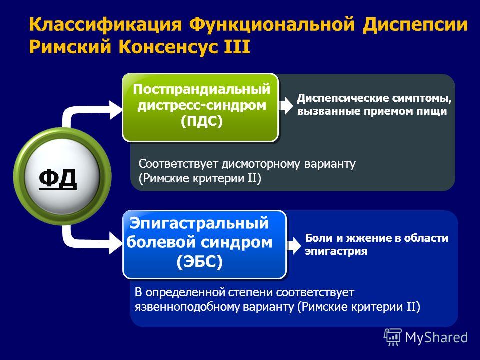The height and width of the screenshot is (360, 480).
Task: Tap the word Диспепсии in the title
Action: click(x=415, y=24)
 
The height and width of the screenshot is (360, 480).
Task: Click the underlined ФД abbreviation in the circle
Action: click(x=58, y=179)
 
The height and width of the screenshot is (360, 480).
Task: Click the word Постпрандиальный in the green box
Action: click(x=201, y=89)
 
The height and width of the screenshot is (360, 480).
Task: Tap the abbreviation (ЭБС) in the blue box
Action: click(x=199, y=262)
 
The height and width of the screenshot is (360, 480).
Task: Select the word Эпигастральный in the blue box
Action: click(x=199, y=223)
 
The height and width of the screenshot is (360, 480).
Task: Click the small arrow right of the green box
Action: click(x=286, y=105)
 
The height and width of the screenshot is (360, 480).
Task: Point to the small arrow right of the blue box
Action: click(x=294, y=246)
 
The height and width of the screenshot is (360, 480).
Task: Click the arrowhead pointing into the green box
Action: click(x=116, y=110)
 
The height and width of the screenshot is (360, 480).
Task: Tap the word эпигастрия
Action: click(x=336, y=252)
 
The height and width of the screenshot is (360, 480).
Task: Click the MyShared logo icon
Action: click(x=393, y=337)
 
